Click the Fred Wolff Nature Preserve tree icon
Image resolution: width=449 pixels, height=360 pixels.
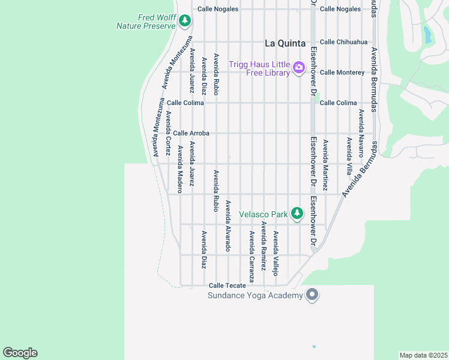point(185,22)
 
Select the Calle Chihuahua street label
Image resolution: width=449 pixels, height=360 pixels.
point(343,42)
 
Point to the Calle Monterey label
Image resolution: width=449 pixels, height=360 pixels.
point(342,72)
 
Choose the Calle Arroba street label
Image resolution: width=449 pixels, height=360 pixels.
point(191,133)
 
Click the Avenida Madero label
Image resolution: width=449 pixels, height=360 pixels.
point(179,164)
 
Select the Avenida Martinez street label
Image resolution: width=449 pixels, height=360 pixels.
point(325,165)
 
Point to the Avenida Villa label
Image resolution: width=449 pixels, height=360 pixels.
point(349,156)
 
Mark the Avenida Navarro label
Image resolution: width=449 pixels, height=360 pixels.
point(361,133)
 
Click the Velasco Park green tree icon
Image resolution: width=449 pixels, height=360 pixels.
point(297,213)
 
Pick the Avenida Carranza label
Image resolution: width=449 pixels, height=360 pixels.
point(252,257)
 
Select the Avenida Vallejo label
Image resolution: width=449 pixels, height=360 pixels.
point(276,253)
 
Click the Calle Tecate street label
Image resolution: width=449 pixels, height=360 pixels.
point(228,286)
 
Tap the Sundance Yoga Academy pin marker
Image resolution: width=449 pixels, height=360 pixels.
point(312,295)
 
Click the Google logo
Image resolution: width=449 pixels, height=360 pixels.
point(20,353)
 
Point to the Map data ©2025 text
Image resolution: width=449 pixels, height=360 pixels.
point(423,355)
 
